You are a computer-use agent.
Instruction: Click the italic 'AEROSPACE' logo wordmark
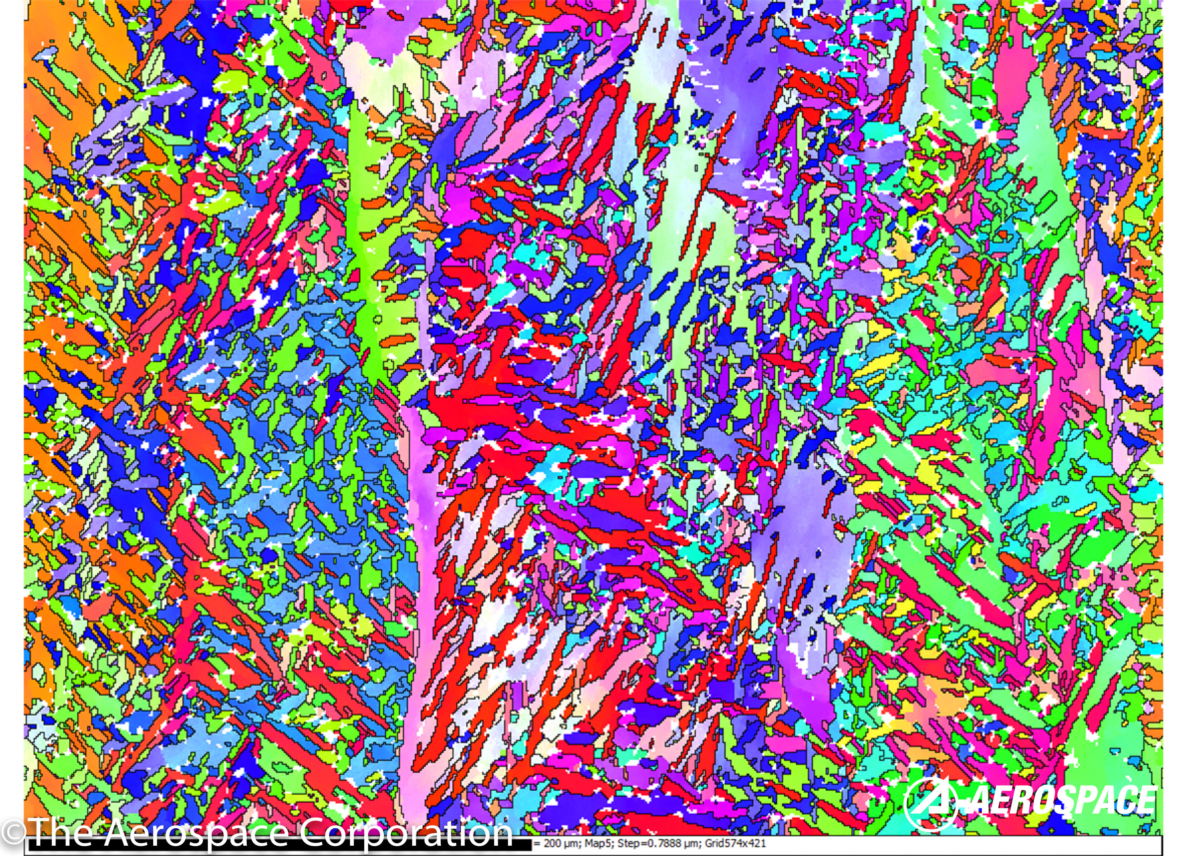pyautogui.click(x=1063, y=801)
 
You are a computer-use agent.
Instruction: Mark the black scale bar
pyautogui.click(x=278, y=845)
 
